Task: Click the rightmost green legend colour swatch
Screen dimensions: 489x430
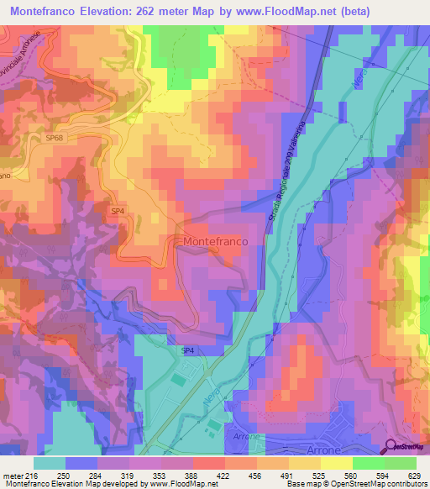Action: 401,462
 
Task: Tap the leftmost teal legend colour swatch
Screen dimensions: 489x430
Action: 50,462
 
